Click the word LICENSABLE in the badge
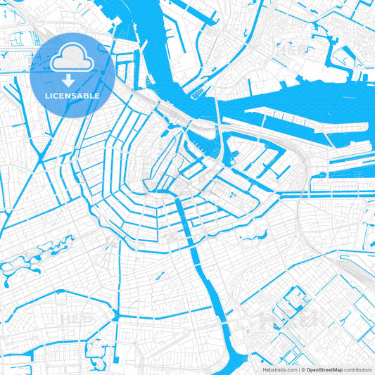72,96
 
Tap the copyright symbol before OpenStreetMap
304,369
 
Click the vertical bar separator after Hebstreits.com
298,369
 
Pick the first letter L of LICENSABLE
47,96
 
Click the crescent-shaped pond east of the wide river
250,237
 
